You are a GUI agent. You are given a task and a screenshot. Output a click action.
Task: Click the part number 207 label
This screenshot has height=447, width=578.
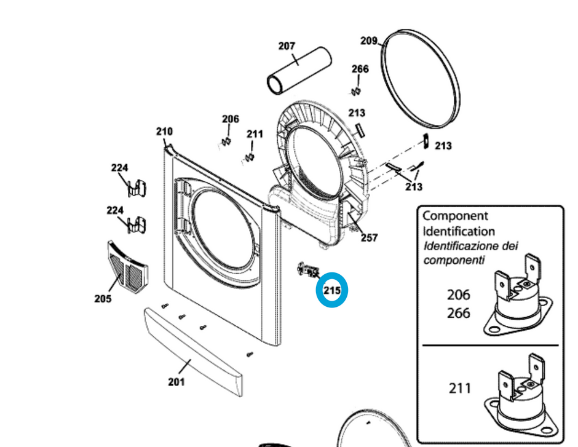[287, 46]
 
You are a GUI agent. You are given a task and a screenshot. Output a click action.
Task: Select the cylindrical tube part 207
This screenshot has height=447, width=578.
[298, 73]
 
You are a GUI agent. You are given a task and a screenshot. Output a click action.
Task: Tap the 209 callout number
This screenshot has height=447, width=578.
[368, 41]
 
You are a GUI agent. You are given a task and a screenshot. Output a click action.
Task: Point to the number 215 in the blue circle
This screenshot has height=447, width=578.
[332, 290]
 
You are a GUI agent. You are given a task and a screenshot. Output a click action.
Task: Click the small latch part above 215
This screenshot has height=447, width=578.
[308, 269]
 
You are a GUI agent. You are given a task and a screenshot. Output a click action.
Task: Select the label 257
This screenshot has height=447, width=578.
[369, 238]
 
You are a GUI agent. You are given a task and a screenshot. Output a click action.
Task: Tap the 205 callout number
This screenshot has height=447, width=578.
[103, 299]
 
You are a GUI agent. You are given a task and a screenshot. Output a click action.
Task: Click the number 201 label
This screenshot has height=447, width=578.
[176, 382]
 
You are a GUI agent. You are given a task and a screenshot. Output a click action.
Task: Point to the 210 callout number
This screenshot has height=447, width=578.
[164, 131]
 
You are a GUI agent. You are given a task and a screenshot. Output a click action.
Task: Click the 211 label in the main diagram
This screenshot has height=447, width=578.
[255, 134]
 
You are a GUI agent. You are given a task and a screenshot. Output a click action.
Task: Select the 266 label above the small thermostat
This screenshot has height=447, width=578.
[360, 69]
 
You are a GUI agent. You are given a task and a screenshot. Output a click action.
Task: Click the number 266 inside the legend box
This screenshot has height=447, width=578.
[458, 313]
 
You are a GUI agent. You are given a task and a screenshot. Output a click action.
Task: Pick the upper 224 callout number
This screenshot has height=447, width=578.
[120, 168]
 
